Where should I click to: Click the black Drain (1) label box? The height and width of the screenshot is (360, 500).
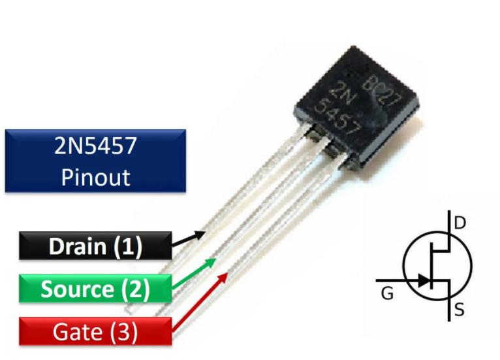pos(95,246)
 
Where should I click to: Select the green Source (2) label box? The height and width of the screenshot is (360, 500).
pos(95,289)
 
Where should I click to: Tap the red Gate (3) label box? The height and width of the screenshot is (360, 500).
pos(95,332)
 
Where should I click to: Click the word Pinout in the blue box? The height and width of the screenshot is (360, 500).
pos(95,177)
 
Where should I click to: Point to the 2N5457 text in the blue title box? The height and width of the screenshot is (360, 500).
pos(95,146)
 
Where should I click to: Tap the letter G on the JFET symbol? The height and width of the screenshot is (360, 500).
pos(387,294)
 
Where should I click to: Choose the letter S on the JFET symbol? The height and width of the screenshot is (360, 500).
pos(460,310)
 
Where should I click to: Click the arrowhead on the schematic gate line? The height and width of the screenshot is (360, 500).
pos(424,281)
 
